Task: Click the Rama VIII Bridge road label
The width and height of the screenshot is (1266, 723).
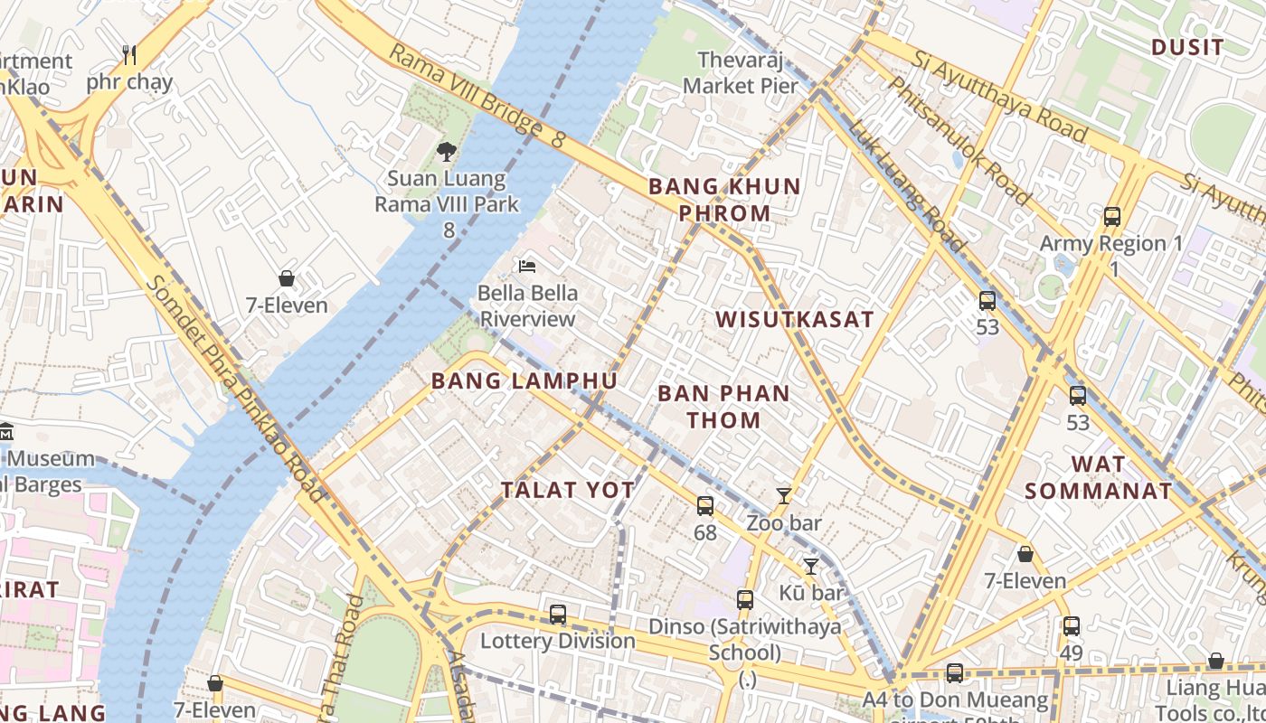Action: point(476,96)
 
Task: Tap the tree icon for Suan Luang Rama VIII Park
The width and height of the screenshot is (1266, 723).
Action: point(446,151)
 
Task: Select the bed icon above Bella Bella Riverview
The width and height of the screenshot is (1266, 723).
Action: point(527,266)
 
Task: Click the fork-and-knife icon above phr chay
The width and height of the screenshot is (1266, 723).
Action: point(129,55)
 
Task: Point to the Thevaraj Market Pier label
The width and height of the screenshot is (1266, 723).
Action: point(741,73)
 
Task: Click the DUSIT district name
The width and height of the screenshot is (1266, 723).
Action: point(1187,48)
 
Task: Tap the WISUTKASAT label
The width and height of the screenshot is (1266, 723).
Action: point(795,319)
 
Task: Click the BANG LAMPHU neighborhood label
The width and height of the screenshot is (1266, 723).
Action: point(524,380)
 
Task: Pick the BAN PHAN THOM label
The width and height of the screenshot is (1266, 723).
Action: point(723,407)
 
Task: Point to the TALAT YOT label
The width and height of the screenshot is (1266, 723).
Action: point(568,490)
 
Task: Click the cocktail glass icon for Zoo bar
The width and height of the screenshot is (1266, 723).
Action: point(784,496)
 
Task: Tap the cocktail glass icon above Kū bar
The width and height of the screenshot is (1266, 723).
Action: point(811,567)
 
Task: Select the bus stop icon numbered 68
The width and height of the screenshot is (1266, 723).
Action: point(705,506)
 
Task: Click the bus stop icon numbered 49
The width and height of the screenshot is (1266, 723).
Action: point(1072,625)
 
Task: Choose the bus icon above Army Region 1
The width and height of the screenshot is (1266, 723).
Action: point(1112,217)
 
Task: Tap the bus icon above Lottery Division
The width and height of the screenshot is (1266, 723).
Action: point(558,615)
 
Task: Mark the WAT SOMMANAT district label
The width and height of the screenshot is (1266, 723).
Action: point(1099,478)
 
